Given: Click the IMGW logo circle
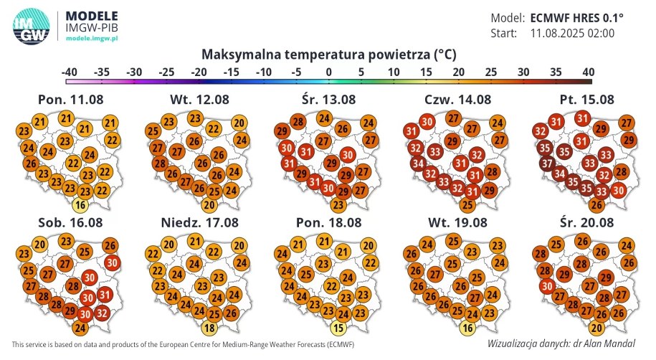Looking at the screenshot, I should tap(31, 27).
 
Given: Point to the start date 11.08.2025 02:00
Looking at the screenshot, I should tap(571, 33).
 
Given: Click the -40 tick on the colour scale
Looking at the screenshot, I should tap(70, 72).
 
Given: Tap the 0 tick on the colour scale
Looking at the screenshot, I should tap(328, 72).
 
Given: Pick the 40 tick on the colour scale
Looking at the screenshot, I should tap(587, 72).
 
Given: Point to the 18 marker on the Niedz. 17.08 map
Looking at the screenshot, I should tap(210, 328).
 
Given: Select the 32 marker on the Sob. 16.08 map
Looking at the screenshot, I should tap(101, 312).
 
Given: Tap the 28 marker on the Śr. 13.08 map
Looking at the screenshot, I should tap(298, 121).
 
